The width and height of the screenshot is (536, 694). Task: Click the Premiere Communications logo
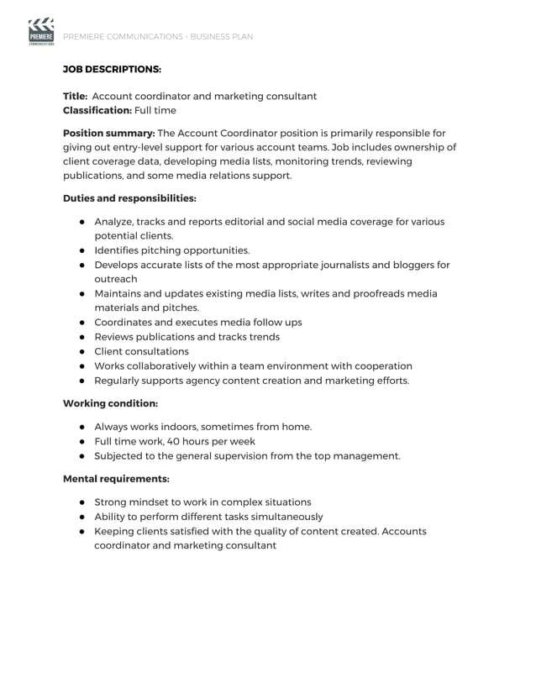click(40, 33)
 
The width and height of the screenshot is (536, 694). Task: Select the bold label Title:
click(76, 96)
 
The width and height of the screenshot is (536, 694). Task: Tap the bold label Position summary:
click(108, 133)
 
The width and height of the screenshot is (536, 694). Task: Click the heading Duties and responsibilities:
click(129, 199)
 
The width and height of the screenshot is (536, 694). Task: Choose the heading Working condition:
click(110, 403)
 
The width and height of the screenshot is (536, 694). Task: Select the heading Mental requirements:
click(116, 479)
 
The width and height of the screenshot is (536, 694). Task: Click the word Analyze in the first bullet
click(113, 222)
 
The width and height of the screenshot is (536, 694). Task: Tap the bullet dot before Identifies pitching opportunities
click(83, 250)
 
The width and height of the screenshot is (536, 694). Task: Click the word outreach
click(116, 279)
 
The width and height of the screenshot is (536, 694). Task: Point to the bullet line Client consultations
click(141, 351)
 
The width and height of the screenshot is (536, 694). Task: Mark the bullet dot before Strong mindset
click(83, 502)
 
